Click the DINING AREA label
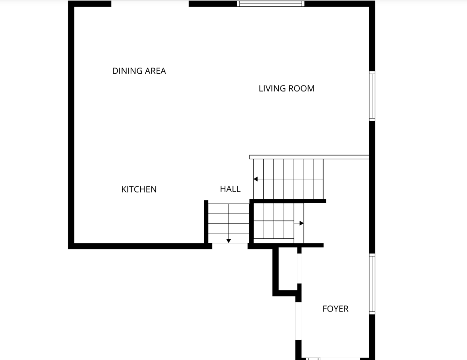click(x=139, y=71)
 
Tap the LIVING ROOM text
click(x=287, y=89)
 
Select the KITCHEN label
click(x=139, y=189)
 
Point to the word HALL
click(x=230, y=189)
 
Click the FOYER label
click(x=335, y=309)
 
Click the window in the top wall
click(x=271, y=4)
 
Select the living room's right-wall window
click(x=372, y=96)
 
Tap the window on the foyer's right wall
click(x=372, y=284)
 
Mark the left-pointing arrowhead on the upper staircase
click(x=256, y=179)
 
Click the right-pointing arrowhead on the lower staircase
click(x=301, y=223)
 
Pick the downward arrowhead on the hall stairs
click(x=228, y=241)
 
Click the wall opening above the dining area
click(x=150, y=4)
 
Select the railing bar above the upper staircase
click(x=309, y=157)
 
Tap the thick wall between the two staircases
click(x=288, y=201)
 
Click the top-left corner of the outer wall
click(x=71, y=4)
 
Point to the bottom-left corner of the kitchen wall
click(x=71, y=246)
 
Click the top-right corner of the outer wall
click(x=372, y=4)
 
